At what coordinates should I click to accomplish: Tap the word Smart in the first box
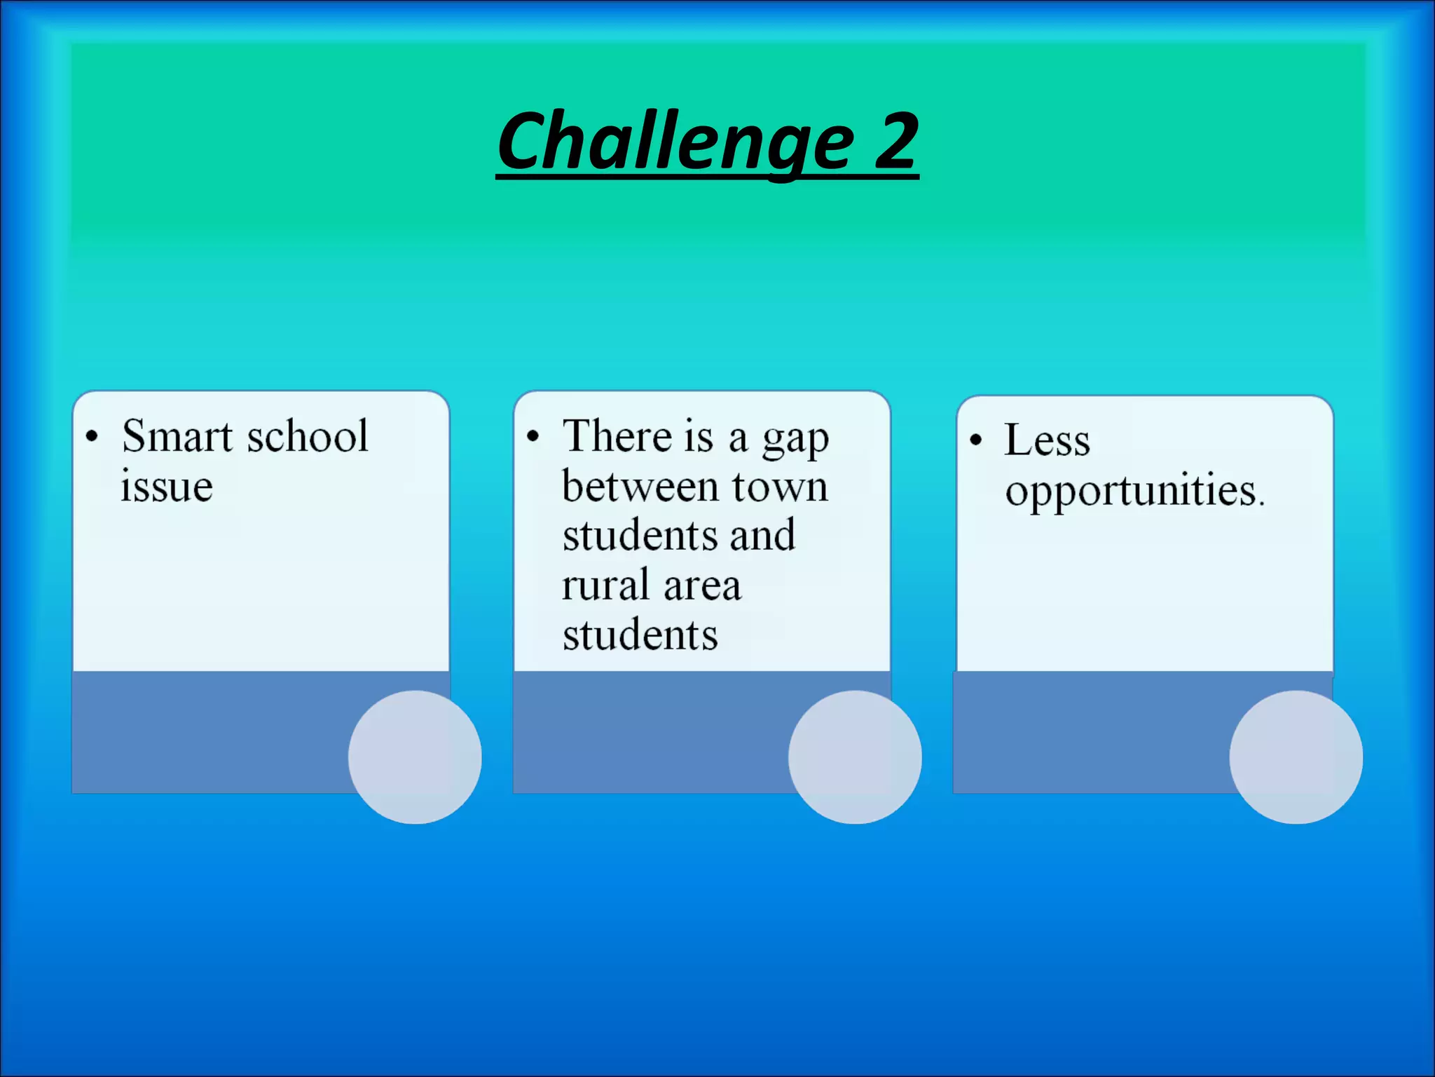(177, 436)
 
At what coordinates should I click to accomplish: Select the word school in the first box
(308, 436)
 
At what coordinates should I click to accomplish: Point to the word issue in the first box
(167, 486)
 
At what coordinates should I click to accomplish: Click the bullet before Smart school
(92, 436)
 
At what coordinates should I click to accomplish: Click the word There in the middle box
(617, 436)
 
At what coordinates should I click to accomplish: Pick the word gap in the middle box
(795, 440)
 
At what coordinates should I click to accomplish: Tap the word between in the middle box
(640, 486)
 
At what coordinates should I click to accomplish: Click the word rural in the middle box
(605, 585)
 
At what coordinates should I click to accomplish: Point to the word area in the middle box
(702, 586)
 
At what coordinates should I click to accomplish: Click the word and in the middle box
(762, 535)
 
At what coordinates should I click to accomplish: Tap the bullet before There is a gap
(533, 436)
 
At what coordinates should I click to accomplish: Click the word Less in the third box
(1047, 440)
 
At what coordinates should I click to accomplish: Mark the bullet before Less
(976, 440)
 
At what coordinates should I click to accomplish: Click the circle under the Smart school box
(415, 757)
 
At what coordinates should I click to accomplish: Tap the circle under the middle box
(855, 757)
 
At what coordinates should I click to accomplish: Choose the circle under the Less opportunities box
(1296, 757)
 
